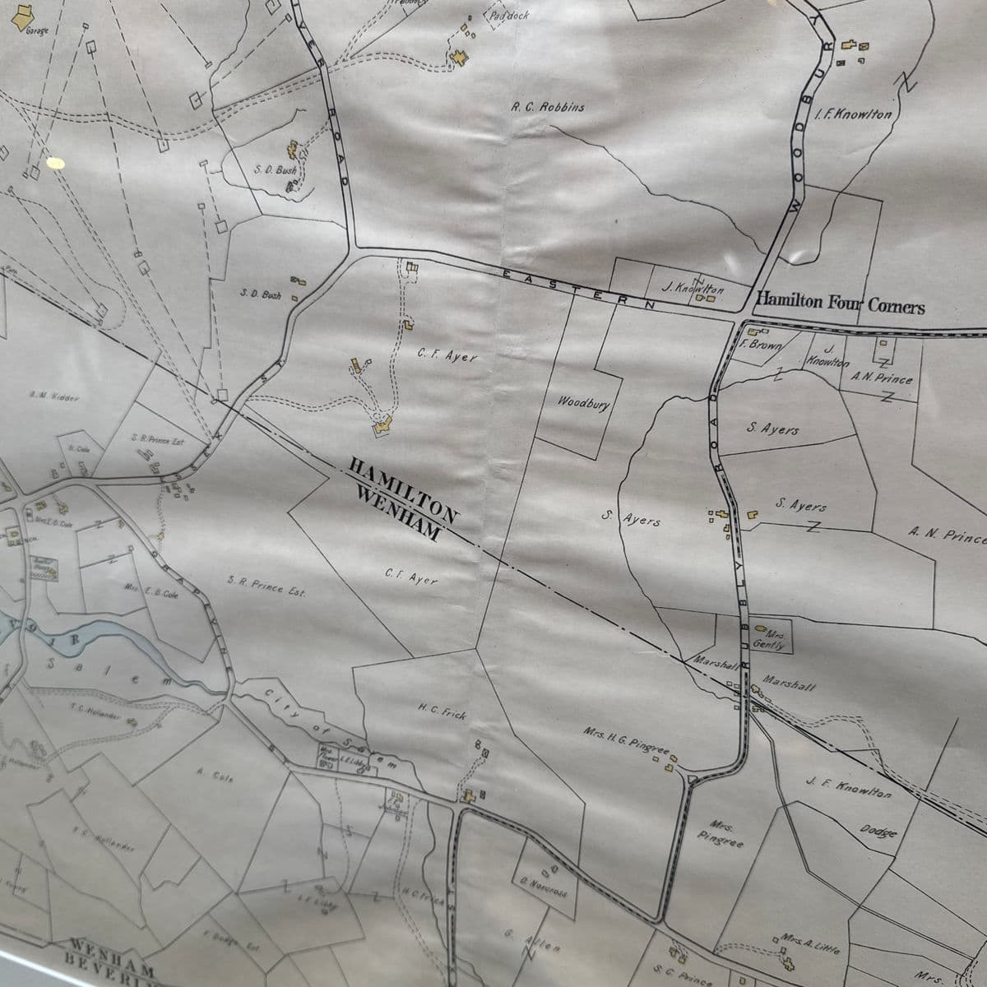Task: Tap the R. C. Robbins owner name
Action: (548, 107)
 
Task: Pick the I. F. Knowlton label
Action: (853, 114)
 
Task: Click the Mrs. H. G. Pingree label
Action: (628, 738)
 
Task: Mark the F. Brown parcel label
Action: (761, 345)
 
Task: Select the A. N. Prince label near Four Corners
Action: (882, 379)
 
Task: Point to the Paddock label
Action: (509, 16)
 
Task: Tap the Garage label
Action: (38, 31)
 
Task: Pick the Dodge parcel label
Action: (877, 829)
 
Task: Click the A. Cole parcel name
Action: (215, 775)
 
